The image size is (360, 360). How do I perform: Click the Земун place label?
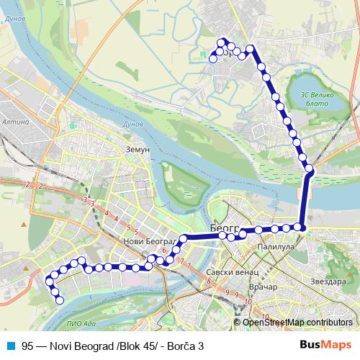[x=136, y=149]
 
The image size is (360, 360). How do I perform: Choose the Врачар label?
[x=262, y=287]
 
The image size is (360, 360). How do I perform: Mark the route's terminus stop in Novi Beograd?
[x=60, y=300]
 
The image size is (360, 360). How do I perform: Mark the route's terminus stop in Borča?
[x=213, y=60]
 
